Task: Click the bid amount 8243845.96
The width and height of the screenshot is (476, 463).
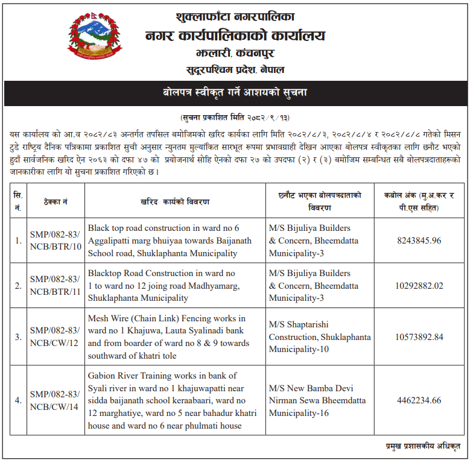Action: pyautogui.click(x=419, y=241)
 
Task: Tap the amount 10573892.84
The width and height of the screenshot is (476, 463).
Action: pyautogui.click(x=419, y=336)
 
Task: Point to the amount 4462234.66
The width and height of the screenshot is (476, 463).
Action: pyautogui.click(x=419, y=400)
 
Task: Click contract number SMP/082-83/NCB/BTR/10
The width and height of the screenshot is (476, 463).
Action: pyautogui.click(x=55, y=241)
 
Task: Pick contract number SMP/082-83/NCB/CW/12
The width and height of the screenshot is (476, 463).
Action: pyautogui.click(x=55, y=336)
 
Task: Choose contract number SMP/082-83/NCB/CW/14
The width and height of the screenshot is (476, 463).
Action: pyautogui.click(x=55, y=400)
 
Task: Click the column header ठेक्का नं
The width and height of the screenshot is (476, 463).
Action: pyautogui.click(x=55, y=201)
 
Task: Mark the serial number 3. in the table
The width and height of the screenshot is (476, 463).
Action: pyautogui.click(x=18, y=336)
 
